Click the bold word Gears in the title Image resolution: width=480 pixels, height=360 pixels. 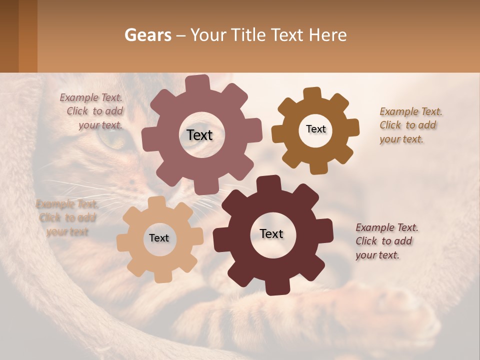click(147, 35)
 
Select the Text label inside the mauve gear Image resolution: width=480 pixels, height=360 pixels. click(199, 135)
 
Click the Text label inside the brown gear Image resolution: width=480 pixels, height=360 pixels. click(315, 129)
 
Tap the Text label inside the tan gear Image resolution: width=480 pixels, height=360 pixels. click(159, 238)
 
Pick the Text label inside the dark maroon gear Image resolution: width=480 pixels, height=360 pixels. click(271, 233)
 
